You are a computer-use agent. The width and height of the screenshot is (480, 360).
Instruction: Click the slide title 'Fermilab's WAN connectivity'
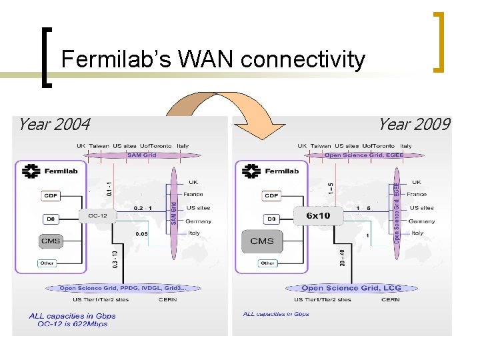213,60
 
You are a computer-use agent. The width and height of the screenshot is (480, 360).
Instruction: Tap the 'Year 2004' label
54,124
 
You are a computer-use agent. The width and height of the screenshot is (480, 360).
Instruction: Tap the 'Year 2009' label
414,124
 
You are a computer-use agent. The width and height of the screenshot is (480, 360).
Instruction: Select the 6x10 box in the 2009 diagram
318,215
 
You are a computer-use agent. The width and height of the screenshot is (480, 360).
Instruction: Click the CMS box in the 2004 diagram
51,241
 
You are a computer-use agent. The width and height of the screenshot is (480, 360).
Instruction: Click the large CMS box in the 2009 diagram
262,241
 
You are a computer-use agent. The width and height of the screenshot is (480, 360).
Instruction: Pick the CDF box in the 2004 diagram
50,195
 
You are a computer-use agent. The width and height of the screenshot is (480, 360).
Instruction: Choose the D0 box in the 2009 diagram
271,219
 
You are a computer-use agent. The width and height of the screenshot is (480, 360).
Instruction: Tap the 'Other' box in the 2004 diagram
47,263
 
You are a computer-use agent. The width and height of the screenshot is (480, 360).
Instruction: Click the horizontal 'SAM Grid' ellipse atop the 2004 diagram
141,155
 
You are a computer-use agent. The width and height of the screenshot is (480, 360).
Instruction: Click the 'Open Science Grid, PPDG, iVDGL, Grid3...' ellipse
123,288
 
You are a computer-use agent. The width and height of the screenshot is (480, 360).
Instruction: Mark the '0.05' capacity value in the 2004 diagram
141,234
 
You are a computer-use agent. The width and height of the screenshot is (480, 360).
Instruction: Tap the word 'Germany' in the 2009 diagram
421,221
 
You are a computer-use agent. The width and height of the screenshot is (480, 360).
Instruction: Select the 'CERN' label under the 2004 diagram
167,299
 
